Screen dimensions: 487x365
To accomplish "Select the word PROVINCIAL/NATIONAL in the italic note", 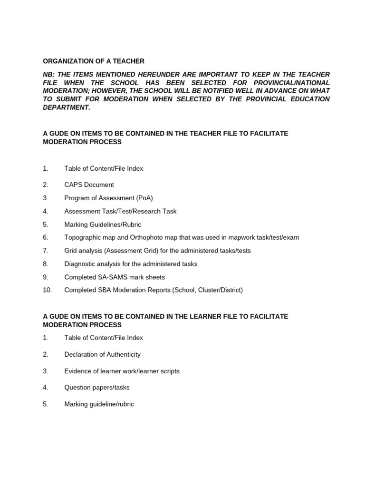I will (x=291, y=83).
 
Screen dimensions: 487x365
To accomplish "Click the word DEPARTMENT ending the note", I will (x=66, y=107).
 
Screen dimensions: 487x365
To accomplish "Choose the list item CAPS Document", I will (x=89, y=185).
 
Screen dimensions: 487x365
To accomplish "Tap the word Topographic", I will (x=83, y=237).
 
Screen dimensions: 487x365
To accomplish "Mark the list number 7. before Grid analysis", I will (x=46, y=250).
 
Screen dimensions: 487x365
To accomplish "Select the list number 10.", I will (x=47, y=290).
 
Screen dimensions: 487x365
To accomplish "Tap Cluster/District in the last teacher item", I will (x=219, y=290).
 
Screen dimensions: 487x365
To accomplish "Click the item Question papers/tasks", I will (x=96, y=388).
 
